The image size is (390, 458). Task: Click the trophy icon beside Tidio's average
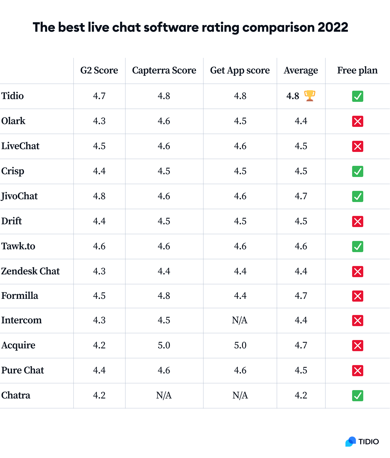pyautogui.click(x=309, y=96)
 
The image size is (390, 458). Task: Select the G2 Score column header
pyautogui.click(x=99, y=70)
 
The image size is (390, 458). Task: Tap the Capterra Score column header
pyautogui.click(x=164, y=70)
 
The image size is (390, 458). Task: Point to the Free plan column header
pyautogui.click(x=357, y=70)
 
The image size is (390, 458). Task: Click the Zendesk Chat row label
pyautogui.click(x=30, y=271)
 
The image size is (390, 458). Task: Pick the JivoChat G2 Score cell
pyautogui.click(x=99, y=196)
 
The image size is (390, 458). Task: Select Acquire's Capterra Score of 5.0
pyautogui.click(x=164, y=345)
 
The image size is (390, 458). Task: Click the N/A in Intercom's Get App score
pyautogui.click(x=240, y=320)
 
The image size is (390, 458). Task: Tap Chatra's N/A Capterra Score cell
pyautogui.click(x=164, y=395)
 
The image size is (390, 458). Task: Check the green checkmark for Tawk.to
pyautogui.click(x=358, y=247)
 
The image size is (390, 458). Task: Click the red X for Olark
pyautogui.click(x=358, y=121)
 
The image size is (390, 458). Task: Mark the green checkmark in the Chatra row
pyautogui.click(x=358, y=396)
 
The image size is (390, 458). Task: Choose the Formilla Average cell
pyautogui.click(x=301, y=296)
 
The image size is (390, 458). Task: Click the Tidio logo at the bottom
pyautogui.click(x=362, y=442)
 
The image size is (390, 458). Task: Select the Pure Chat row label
pyautogui.click(x=23, y=370)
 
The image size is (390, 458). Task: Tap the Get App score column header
pyautogui.click(x=240, y=70)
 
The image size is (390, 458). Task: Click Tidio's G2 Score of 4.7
pyautogui.click(x=99, y=96)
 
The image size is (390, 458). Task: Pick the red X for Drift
pyautogui.click(x=358, y=221)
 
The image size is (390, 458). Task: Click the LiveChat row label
pyautogui.click(x=20, y=146)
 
